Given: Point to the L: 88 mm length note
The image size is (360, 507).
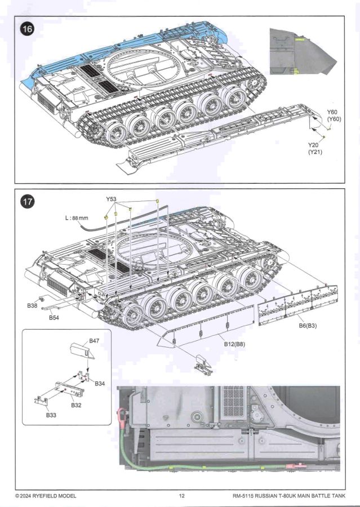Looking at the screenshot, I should point(77,218).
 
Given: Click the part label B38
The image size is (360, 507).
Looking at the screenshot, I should point(32,306).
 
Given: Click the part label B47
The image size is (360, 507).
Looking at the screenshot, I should point(95,341).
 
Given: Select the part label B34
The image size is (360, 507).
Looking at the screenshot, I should point(100,384).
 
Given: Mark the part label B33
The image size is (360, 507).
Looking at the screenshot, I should point(52,415).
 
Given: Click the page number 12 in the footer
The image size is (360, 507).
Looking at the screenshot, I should point(181,496).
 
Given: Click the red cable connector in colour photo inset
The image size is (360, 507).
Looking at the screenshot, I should point(121,418).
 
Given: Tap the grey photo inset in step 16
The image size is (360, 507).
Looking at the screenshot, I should point(304,51).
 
